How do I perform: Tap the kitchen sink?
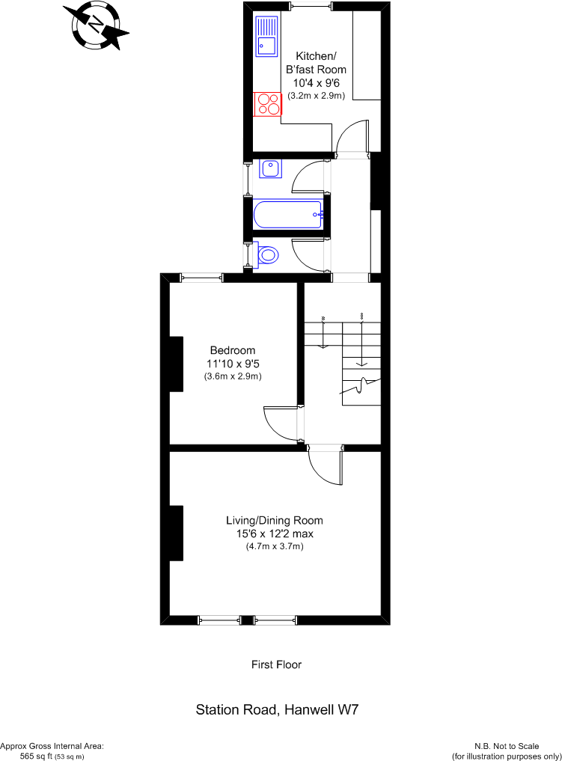pos(266,37)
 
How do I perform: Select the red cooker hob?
pos(268,103)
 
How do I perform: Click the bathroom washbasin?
pos(270,169)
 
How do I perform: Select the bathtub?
pos(288,215)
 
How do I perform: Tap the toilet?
pos(268,256)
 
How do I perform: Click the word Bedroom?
pos(233,350)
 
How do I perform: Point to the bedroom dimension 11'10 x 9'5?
pos(233,364)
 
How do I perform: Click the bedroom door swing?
pos(281,425)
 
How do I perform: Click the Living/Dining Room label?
pos(275,521)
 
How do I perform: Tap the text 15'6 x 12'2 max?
pos(275,534)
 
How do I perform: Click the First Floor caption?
pos(276,664)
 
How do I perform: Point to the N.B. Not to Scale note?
pos(507,746)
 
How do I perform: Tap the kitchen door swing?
pos(352,139)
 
